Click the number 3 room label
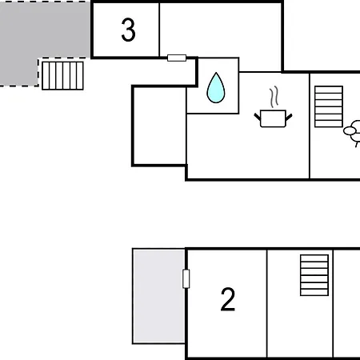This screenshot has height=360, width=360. pyautogui.click(x=128, y=30)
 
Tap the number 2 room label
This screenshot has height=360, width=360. pyautogui.click(x=228, y=299)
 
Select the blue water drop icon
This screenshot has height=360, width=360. pyautogui.click(x=216, y=88)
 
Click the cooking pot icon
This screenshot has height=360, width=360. pyautogui.click(x=273, y=118)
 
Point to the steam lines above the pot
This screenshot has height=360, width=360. pyautogui.click(x=274, y=97)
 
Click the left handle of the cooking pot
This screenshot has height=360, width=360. pyautogui.click(x=258, y=117)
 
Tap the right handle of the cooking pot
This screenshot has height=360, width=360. pyautogui.click(x=289, y=117)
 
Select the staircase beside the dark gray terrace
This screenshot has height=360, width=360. pyautogui.click(x=62, y=76)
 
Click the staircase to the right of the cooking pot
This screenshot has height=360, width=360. pyautogui.click(x=329, y=106)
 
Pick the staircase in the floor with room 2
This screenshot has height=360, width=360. pyautogui.click(x=314, y=275)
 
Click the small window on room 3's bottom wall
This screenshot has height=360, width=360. pyautogui.click(x=177, y=58)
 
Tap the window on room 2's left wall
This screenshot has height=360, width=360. pyautogui.click(x=186, y=278)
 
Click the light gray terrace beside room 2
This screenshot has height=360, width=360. pyautogui.click(x=159, y=296)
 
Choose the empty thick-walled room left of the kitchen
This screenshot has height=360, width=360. pyautogui.click(x=159, y=126)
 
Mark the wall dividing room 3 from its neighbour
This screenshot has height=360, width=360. pyautogui.click(x=159, y=30)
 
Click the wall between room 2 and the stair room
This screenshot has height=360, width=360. pyautogui.click(x=267, y=303)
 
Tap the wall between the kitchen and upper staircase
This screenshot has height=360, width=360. pyautogui.click(x=310, y=126)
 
